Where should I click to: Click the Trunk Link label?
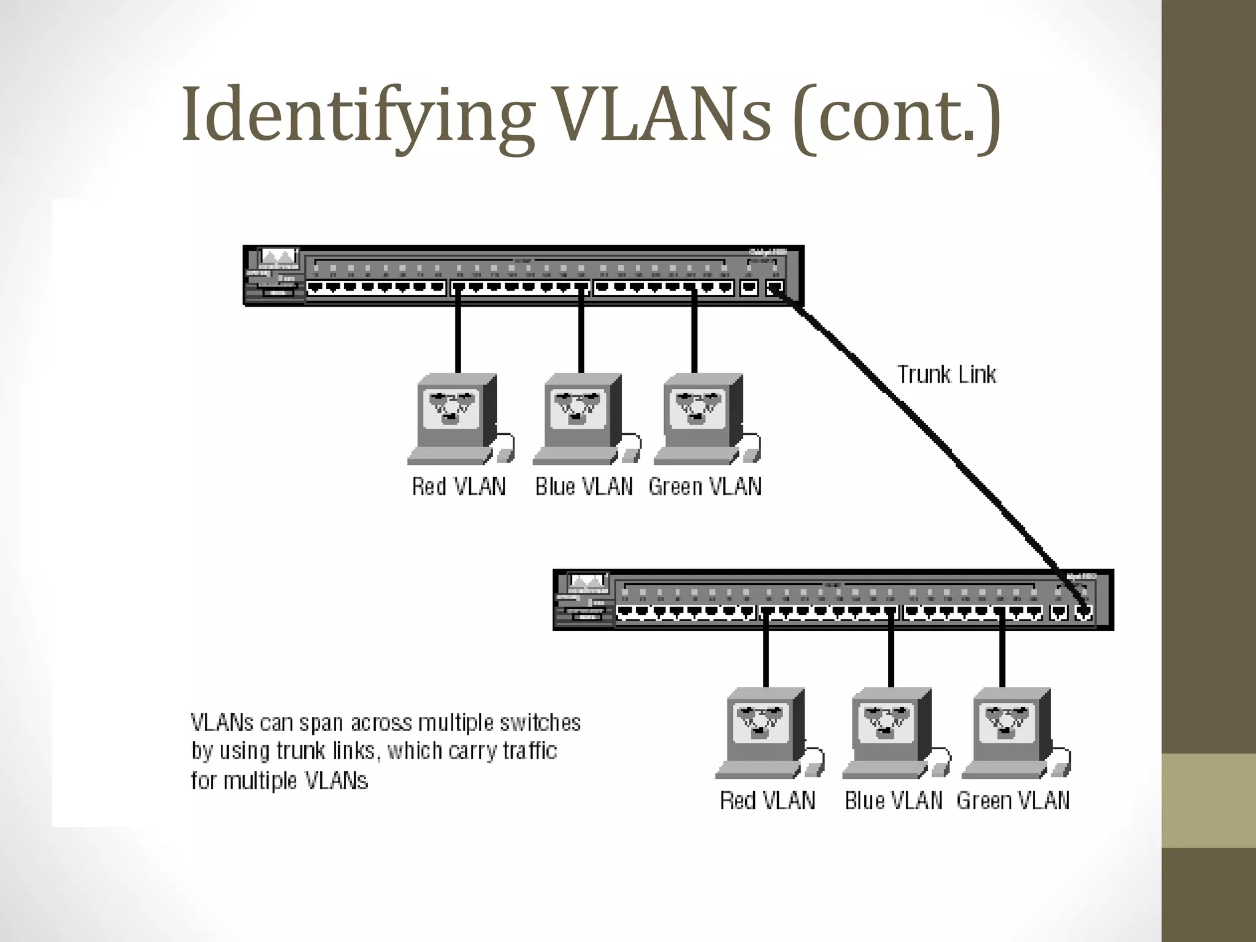click(946, 374)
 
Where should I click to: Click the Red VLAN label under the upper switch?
click(459, 487)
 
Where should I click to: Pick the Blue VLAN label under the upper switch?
click(584, 487)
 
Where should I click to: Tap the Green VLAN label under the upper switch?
click(705, 487)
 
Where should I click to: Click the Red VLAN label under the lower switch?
click(767, 800)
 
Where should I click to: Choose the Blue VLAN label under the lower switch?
click(893, 800)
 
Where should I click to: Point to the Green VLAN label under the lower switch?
click(1013, 800)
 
